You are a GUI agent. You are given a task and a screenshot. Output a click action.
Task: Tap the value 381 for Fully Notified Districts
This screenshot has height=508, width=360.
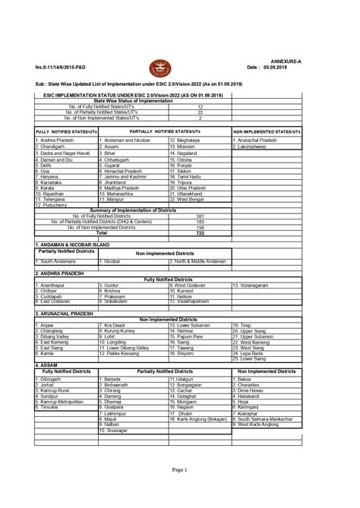point(200,216)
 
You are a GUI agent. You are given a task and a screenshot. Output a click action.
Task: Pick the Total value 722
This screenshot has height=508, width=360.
point(200,232)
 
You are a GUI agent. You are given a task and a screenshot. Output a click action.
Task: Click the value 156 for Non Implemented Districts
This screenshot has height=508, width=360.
point(200,227)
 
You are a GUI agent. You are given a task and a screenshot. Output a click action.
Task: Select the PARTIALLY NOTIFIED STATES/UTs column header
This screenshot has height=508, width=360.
point(163,131)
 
